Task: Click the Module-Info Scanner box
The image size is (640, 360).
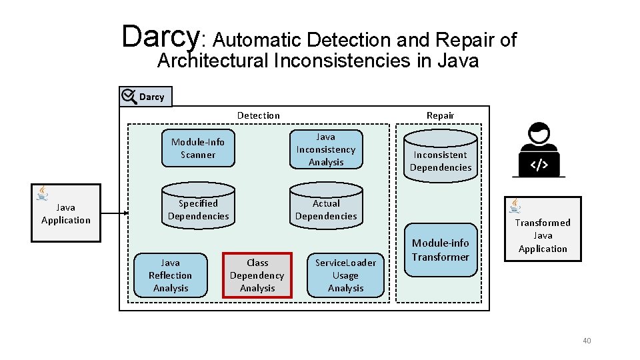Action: point(198,148)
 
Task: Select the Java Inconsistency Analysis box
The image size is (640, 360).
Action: point(326,149)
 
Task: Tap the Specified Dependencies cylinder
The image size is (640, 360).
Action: point(198,209)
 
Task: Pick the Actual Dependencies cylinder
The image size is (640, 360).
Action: point(326,209)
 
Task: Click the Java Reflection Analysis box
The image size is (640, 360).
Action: point(170,275)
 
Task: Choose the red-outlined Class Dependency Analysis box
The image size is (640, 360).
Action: point(257,275)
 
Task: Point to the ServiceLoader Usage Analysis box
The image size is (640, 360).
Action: point(345,275)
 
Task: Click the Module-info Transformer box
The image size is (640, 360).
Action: point(441,250)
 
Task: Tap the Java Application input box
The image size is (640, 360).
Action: point(65,213)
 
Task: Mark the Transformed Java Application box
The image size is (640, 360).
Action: point(543,235)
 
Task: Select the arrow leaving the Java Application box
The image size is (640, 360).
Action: point(114,213)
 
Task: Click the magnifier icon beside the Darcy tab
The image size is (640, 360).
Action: point(129,97)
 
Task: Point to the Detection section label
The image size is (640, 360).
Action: point(259,115)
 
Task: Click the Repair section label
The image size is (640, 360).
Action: point(440,115)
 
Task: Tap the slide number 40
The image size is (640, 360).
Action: point(587,341)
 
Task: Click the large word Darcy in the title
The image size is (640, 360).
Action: point(160,37)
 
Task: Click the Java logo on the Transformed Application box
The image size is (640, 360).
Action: point(515,206)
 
